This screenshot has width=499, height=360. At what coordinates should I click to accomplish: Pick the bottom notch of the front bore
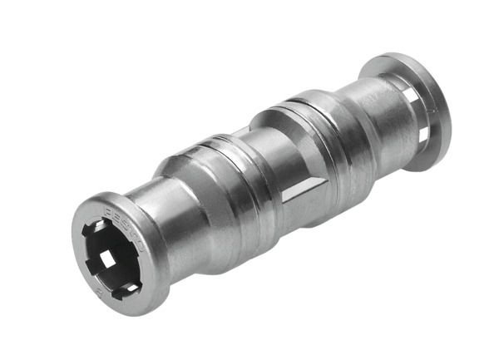[x=122, y=288]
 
